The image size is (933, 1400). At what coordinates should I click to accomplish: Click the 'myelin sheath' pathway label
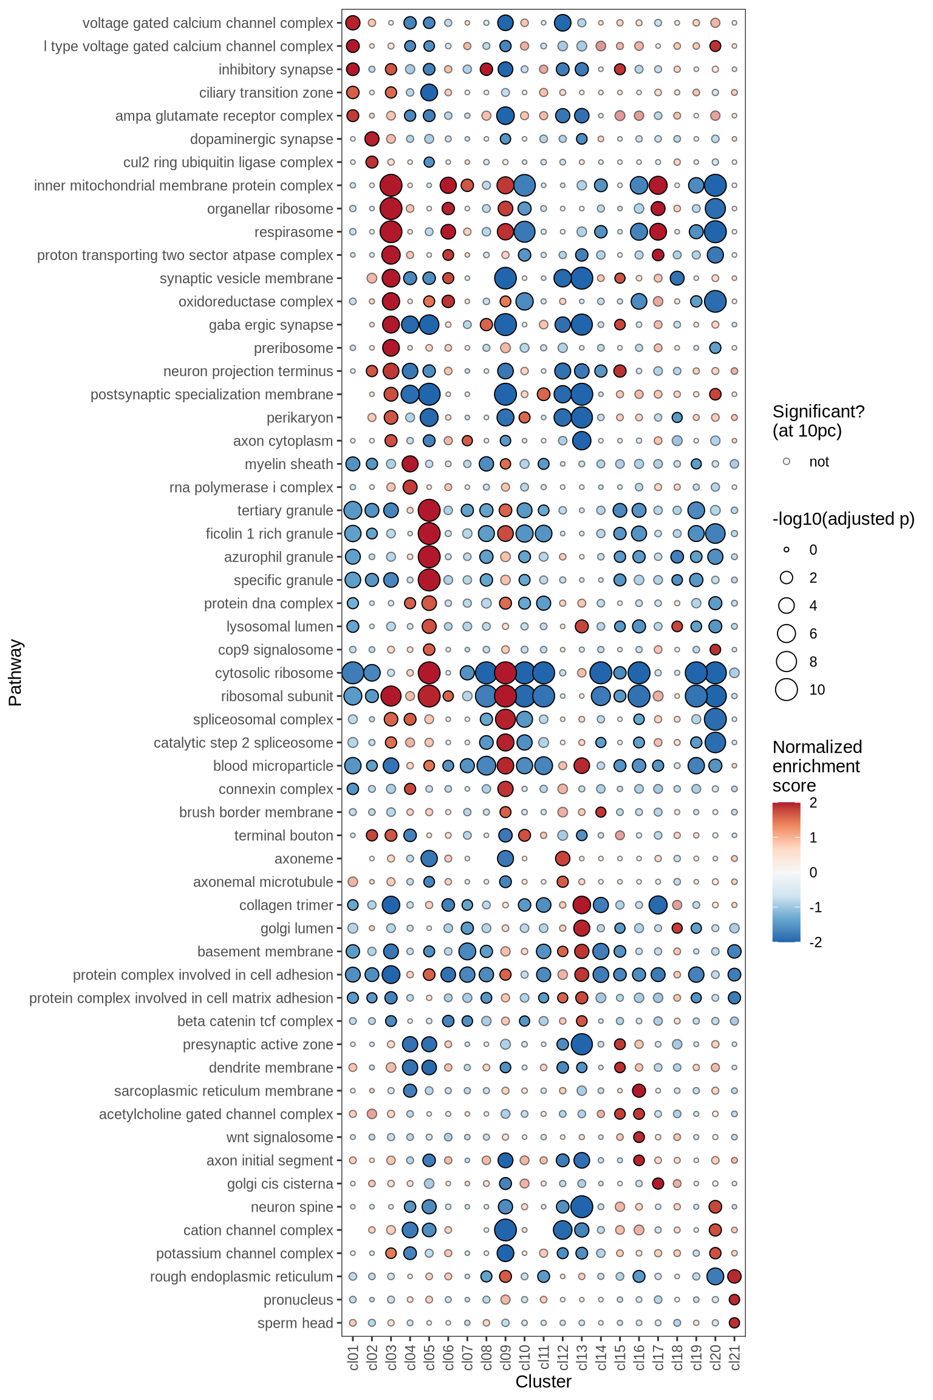point(289,464)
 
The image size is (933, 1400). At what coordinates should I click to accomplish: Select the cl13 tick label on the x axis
point(582,1357)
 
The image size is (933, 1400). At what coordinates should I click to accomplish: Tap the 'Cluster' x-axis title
point(543,1381)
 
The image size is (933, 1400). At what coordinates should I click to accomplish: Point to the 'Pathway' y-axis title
point(15,672)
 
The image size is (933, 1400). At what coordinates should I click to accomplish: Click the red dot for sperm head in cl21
point(734,1322)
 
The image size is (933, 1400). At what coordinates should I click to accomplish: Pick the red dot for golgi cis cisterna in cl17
point(658,1183)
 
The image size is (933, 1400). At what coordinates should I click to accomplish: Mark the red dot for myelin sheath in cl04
point(410,464)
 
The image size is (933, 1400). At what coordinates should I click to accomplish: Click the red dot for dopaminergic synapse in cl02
point(372,139)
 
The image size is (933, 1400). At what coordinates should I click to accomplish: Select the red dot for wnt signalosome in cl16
point(639,1137)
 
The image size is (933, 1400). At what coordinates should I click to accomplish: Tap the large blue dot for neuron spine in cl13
point(582,1206)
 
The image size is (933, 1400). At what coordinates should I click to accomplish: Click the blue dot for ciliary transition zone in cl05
point(429,92)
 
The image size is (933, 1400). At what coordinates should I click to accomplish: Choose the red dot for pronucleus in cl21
point(734,1299)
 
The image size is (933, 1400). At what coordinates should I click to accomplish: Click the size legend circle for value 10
point(787,690)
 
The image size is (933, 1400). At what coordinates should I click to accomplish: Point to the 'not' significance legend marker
point(787,462)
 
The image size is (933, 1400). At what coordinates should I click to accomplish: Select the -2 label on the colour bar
point(816,942)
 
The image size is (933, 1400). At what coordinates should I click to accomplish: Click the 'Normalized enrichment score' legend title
point(817,766)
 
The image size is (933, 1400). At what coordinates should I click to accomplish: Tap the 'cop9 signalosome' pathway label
point(275,650)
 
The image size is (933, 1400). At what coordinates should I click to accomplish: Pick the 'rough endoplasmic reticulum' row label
point(241,1277)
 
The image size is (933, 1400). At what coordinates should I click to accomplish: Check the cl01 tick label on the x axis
point(353,1357)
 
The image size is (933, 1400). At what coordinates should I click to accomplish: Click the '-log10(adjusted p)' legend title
point(843,519)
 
